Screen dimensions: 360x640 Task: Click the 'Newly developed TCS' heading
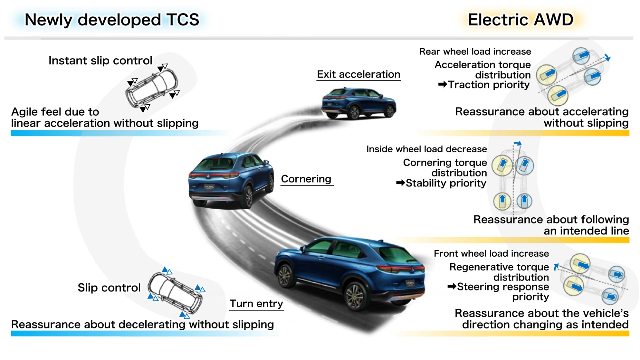click(112, 20)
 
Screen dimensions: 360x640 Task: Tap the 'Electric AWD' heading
click(520, 20)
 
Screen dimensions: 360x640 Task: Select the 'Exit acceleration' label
click(359, 75)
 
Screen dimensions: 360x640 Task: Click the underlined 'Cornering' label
click(306, 179)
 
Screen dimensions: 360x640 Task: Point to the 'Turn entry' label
click(256, 304)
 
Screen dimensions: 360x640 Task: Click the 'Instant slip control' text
click(100, 61)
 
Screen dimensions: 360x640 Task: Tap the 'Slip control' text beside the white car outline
click(109, 287)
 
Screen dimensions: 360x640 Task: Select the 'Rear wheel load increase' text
click(475, 52)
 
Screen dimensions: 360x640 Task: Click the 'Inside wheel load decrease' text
click(426, 149)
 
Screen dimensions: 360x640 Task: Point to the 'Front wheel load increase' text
click(491, 254)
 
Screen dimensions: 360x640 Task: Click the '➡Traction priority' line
click(484, 85)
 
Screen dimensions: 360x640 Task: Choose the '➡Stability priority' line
click(441, 183)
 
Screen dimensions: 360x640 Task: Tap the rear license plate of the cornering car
click(209, 187)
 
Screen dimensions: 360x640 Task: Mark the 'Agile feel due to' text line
click(55, 112)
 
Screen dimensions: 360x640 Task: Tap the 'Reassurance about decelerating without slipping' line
click(142, 325)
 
